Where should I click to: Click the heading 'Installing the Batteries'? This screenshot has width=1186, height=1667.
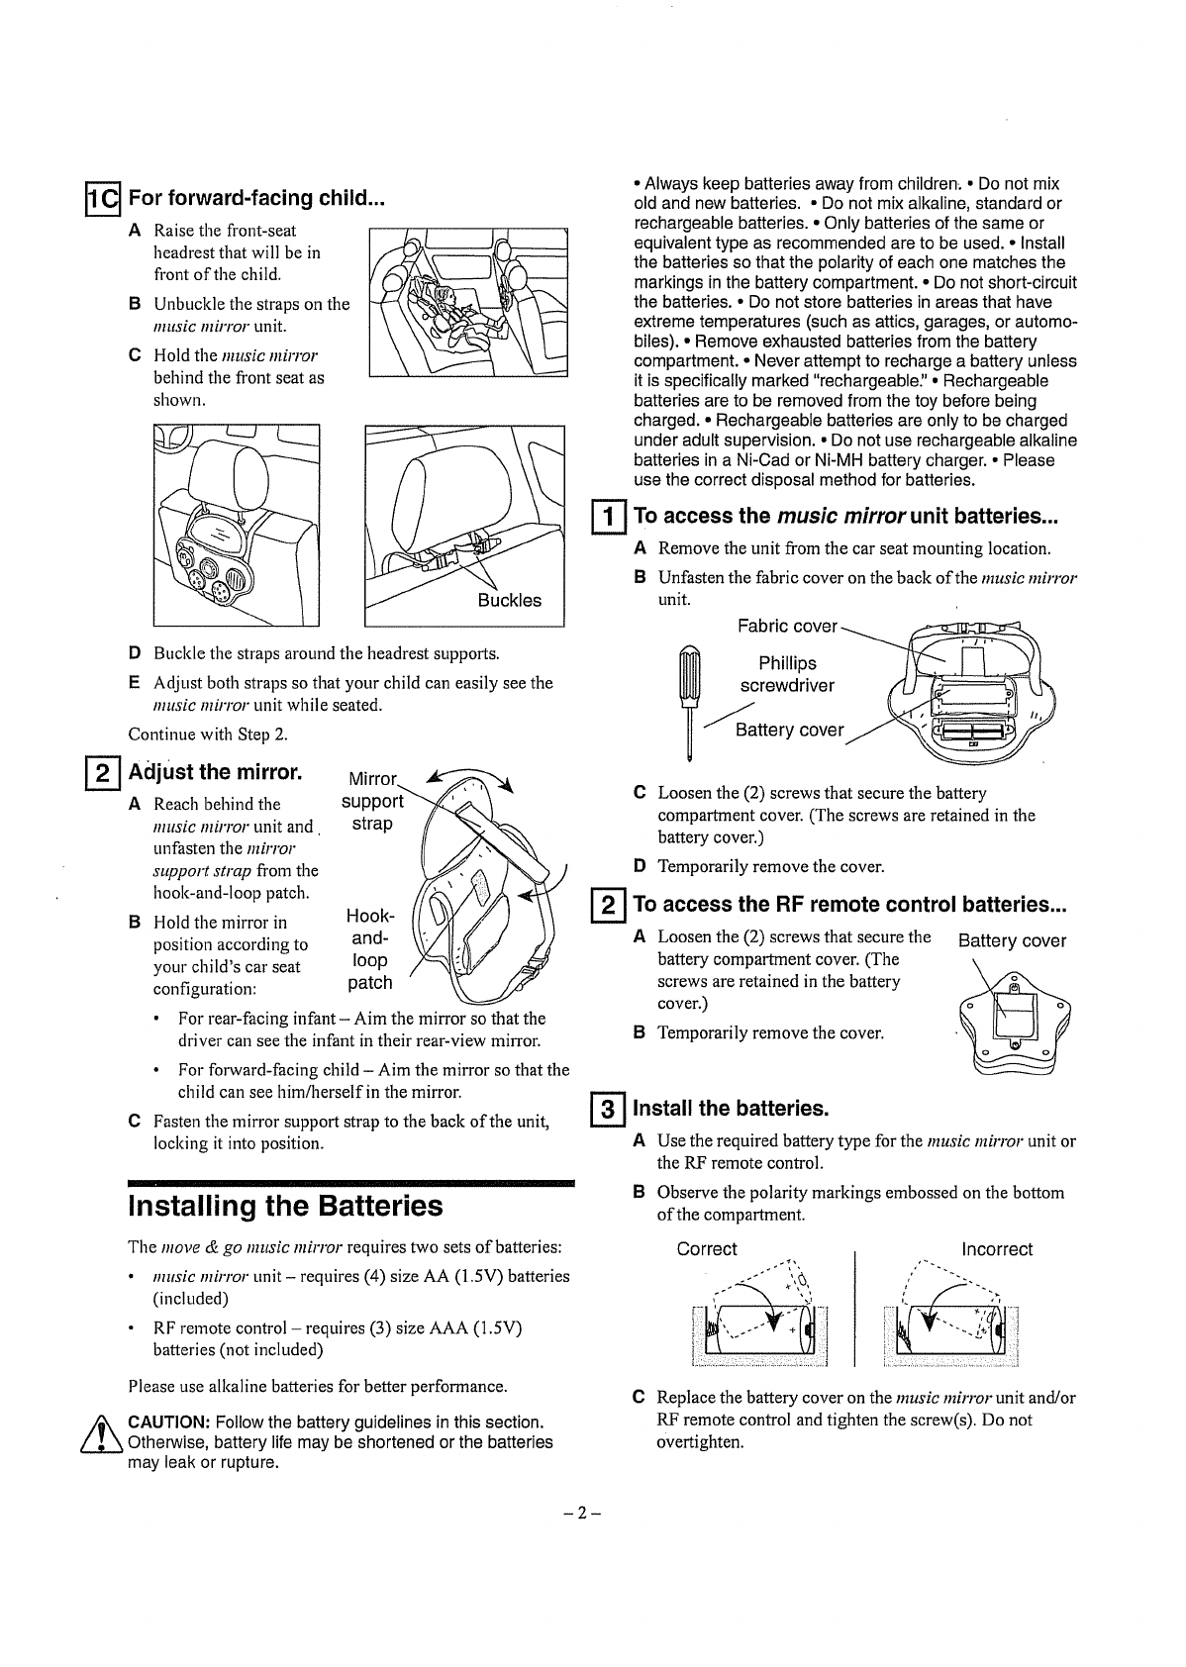point(285,1206)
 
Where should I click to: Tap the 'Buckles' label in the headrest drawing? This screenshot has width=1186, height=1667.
point(510,600)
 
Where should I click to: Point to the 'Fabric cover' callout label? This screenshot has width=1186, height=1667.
point(787,627)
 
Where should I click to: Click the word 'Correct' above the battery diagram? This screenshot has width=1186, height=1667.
point(707,1249)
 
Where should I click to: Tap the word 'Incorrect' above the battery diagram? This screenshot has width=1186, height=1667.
point(997,1249)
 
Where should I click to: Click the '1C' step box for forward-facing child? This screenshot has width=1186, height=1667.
point(102,199)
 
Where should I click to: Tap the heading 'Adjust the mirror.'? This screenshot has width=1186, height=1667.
point(215,771)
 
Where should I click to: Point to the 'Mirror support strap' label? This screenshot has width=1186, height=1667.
point(372,801)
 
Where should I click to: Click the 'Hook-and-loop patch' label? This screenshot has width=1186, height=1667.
point(370,949)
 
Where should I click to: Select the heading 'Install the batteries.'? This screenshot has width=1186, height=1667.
point(730,1107)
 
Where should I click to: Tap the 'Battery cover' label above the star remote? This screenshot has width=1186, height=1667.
point(1013,940)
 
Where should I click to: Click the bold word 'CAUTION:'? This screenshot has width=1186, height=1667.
point(168,1422)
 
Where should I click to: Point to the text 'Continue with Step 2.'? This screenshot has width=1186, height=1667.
point(208,734)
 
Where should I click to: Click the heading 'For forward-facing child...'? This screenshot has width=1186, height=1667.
point(256,198)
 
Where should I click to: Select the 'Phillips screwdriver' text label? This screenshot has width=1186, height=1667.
point(787,674)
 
